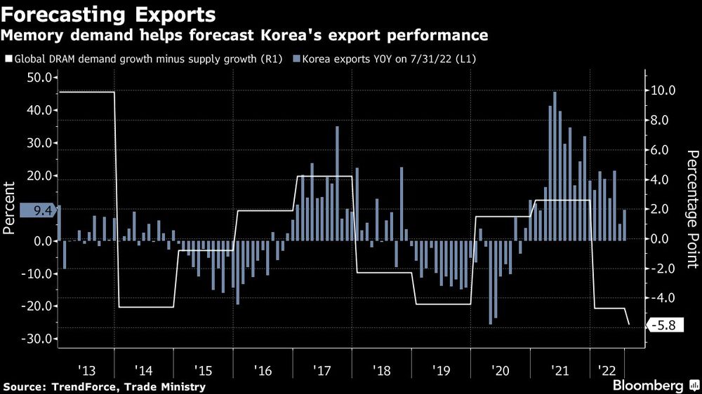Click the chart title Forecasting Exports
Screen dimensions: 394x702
109,14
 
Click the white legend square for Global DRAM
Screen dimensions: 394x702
8,60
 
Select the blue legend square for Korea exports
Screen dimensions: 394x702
296,60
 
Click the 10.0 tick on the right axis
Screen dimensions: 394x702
663,90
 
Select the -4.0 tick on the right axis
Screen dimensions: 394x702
663,298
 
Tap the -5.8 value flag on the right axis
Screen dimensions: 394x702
663,325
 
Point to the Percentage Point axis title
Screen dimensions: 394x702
692,209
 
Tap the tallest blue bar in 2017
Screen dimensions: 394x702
337,184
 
